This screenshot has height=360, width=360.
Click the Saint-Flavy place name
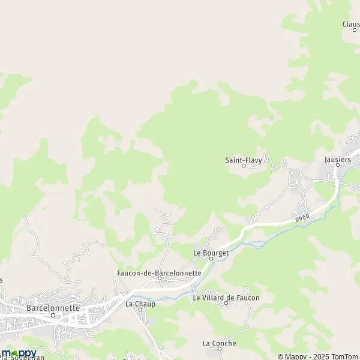click(244, 160)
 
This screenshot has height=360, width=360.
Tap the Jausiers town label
click(341, 160)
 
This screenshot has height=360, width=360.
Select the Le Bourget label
click(211, 253)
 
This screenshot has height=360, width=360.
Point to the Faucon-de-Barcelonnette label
click(159, 272)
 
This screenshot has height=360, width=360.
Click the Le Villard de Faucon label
click(226, 298)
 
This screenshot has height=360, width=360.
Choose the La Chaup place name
click(140, 304)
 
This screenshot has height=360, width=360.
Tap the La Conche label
click(220, 343)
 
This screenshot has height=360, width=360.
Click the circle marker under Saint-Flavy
click(244, 166)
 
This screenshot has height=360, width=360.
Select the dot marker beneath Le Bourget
click(211, 259)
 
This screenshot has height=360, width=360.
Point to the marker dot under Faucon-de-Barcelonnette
click(159, 278)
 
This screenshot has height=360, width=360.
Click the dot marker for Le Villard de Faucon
click(226, 304)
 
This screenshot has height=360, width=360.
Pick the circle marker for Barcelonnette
click(53, 314)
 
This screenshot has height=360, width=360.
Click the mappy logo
click(19, 353)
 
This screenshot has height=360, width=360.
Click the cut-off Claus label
click(351, 24)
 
